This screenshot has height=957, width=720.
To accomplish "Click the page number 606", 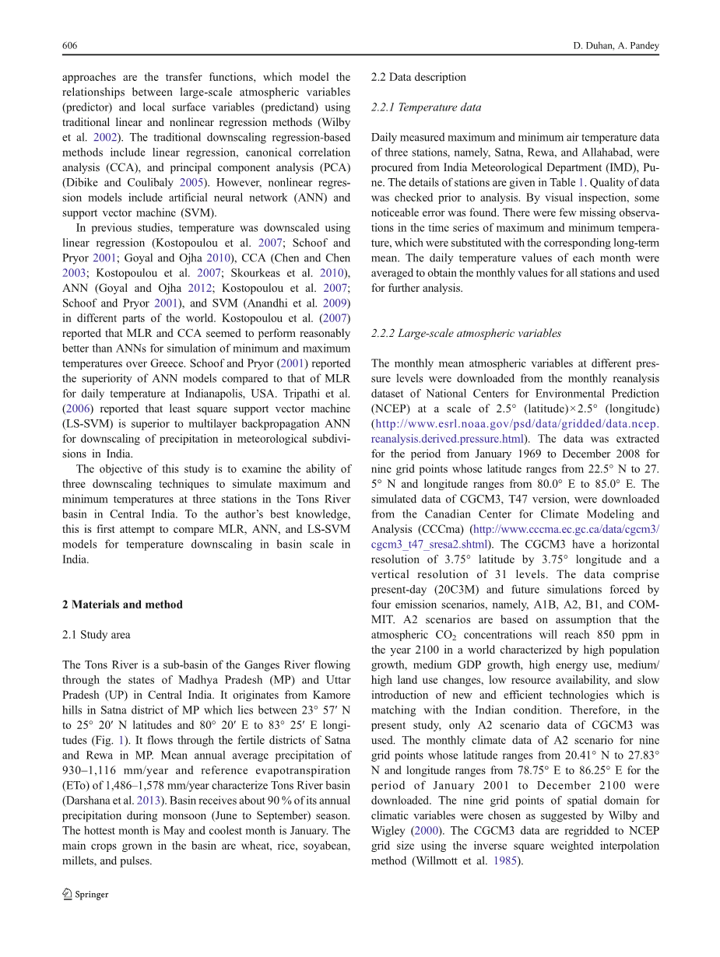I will (69, 46).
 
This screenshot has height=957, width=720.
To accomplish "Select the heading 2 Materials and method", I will (122, 605).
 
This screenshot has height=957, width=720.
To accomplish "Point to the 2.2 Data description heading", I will (419, 77).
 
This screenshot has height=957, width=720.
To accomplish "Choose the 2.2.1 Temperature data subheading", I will (426, 107).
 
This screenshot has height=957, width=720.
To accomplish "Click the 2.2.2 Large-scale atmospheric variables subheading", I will (465, 334).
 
